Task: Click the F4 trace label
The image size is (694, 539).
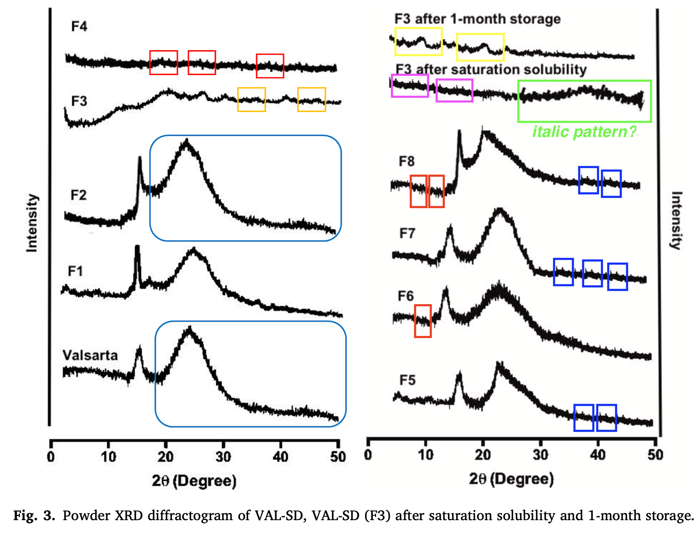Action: pos(79,26)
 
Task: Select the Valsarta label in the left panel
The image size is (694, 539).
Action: pos(90,355)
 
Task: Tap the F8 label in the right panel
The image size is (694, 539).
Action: pos(406,161)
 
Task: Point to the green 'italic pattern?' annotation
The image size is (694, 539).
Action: pos(584,132)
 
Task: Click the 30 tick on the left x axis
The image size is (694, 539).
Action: pos(223,457)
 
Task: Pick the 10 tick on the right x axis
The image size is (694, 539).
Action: pos(425,455)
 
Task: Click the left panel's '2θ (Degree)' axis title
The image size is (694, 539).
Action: pos(194,481)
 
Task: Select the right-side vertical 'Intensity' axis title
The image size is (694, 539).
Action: pos(676,220)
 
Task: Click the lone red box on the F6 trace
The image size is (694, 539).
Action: pos(423,321)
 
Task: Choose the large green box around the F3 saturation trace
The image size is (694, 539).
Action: pos(584,101)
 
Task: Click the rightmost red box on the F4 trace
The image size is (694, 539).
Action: pos(270,66)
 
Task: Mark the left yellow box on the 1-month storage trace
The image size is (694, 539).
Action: pos(418,41)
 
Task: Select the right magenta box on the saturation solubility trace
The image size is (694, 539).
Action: pos(454,90)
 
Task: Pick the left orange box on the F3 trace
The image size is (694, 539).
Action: pos(252,99)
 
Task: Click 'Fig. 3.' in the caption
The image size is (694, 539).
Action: pos(34,515)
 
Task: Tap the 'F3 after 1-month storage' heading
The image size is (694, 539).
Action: pos(477,19)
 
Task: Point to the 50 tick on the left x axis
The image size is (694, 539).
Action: pos(338,457)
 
